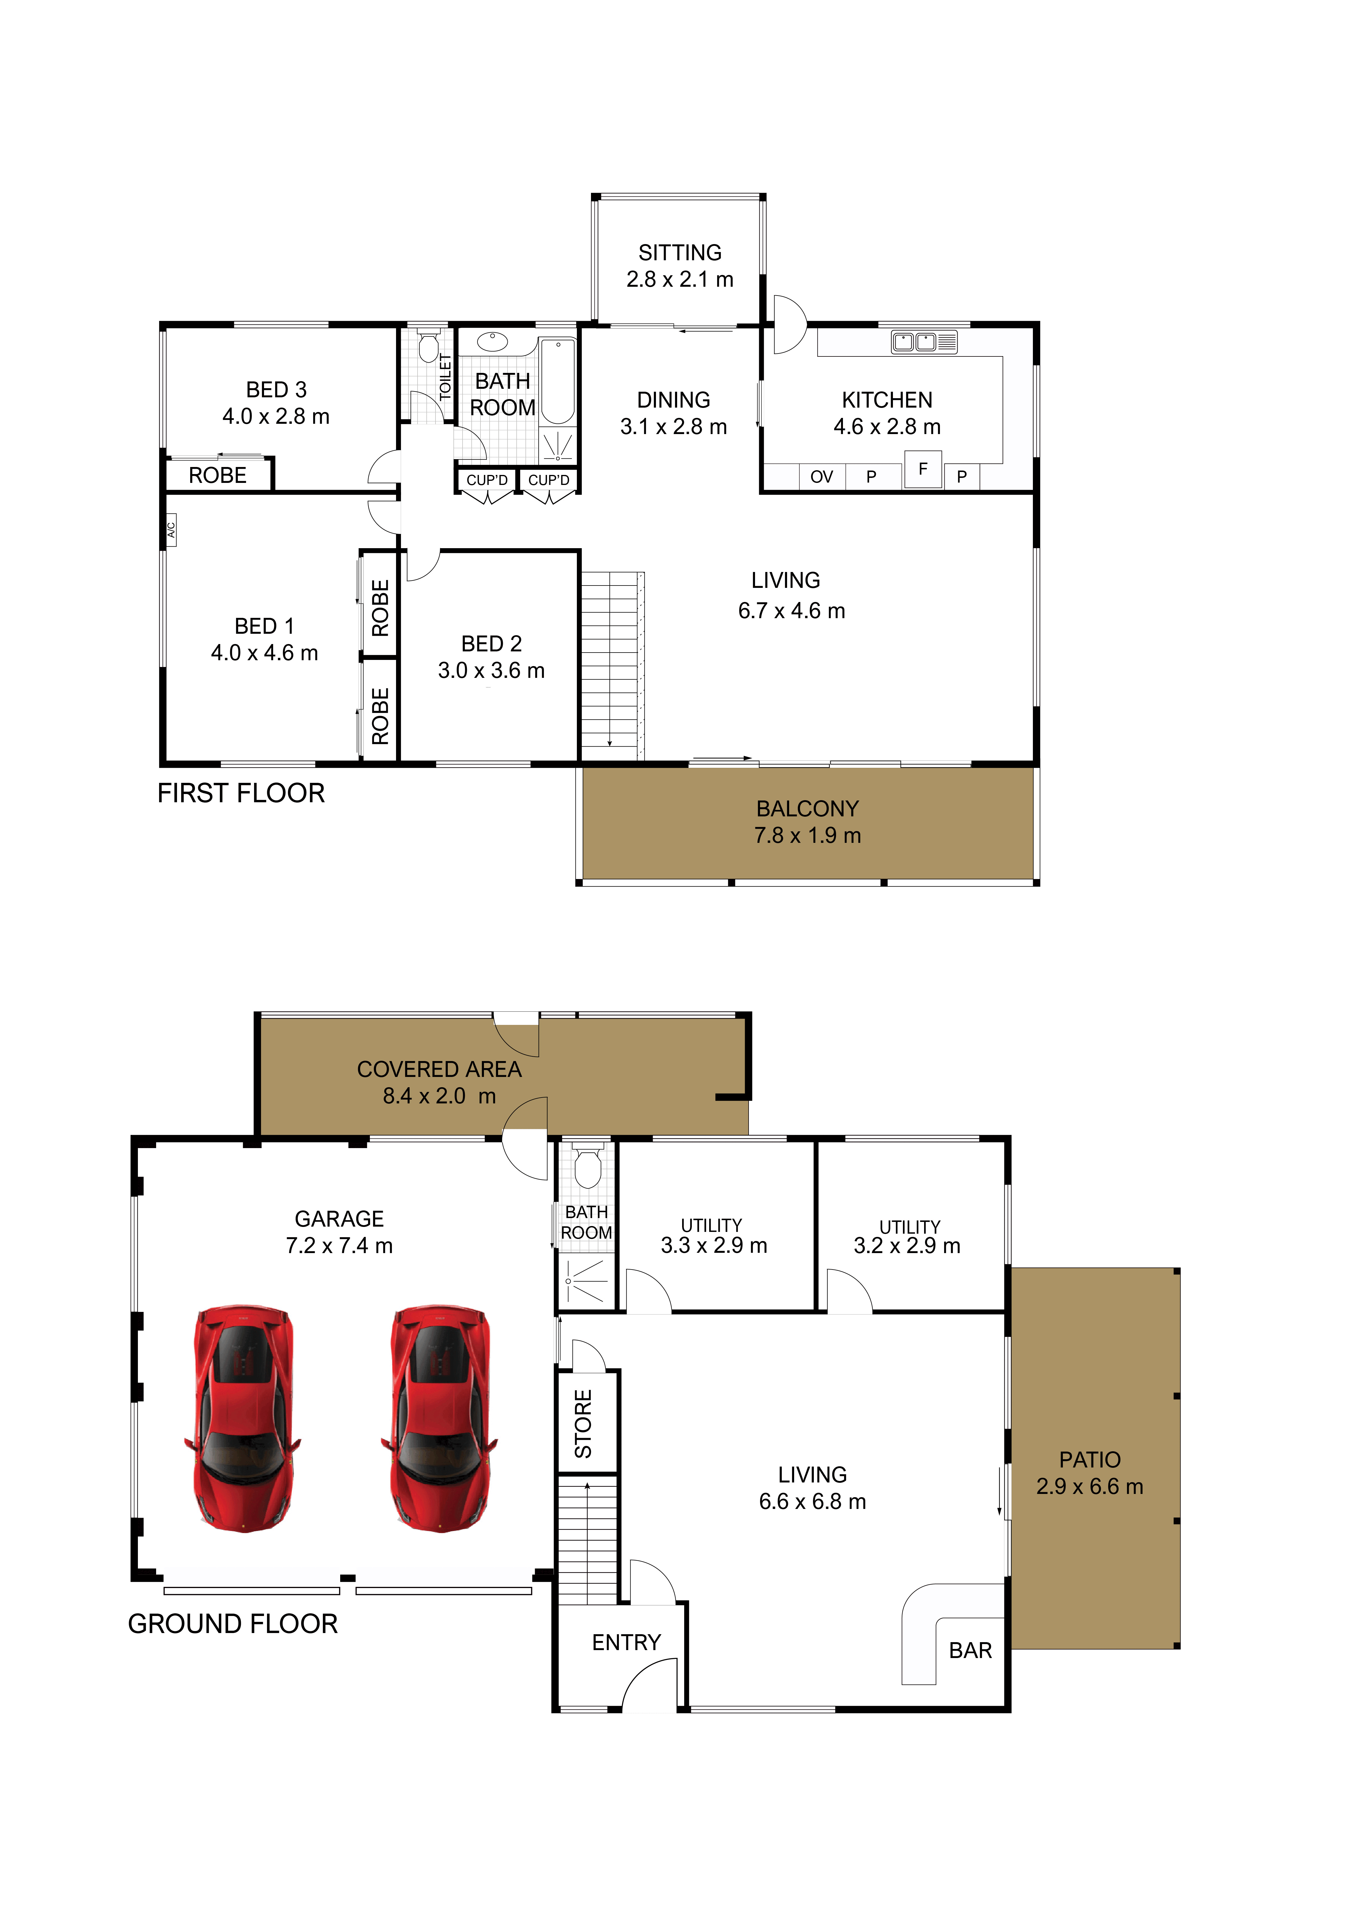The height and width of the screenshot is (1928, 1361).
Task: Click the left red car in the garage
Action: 243,1419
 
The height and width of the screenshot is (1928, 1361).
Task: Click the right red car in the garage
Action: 439,1419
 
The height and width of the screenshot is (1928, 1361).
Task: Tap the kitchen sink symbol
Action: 924,342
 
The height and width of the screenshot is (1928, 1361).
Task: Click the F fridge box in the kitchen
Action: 923,469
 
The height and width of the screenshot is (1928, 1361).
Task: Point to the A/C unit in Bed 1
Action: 171,530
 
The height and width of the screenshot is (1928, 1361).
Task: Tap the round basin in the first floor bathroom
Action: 492,341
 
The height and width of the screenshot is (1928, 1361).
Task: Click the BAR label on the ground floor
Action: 971,1651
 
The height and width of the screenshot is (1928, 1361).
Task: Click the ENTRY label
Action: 626,1642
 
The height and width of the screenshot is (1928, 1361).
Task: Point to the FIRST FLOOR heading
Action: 241,793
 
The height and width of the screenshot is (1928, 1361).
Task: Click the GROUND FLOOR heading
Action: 233,1624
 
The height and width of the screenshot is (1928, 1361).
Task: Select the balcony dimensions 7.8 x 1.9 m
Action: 808,835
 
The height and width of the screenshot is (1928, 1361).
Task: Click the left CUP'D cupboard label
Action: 487,480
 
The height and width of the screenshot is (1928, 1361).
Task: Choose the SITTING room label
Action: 680,253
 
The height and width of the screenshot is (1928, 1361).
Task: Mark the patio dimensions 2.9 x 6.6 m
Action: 1090,1486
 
